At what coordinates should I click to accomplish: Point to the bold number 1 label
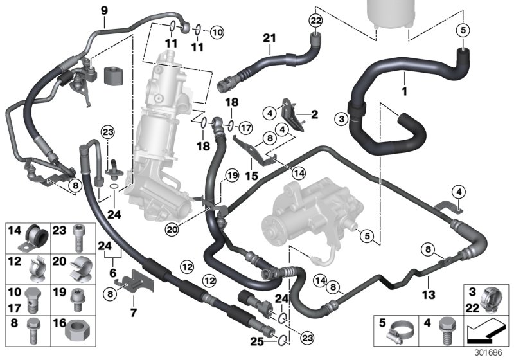tap(404, 93)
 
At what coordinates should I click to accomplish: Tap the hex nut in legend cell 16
tap(79, 332)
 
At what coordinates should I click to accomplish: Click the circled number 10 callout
tap(216, 30)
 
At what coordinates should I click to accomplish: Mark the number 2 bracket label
tap(315, 115)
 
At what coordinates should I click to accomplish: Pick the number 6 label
tap(114, 272)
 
